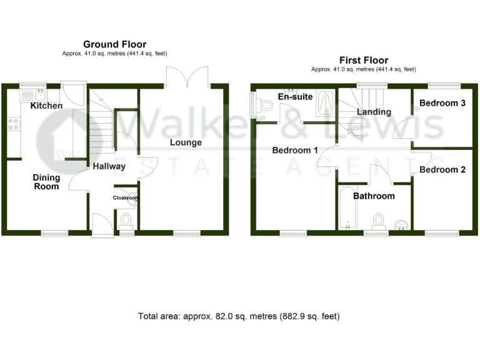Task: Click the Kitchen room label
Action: coord(46,106)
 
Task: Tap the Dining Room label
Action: coord(46,182)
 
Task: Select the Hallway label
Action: coord(109,166)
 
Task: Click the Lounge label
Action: coord(186,142)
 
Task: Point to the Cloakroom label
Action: coord(126,198)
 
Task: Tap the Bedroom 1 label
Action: coord(294,151)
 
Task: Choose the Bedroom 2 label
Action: coord(442,169)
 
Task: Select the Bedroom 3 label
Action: coord(442,103)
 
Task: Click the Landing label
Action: coord(374,112)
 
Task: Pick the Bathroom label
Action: coord(374,196)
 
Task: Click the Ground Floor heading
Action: coord(115,44)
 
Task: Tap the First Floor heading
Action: coord(364,61)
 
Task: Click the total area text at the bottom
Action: coord(239,316)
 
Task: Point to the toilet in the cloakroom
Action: coord(126,220)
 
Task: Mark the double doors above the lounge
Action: coord(187,77)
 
